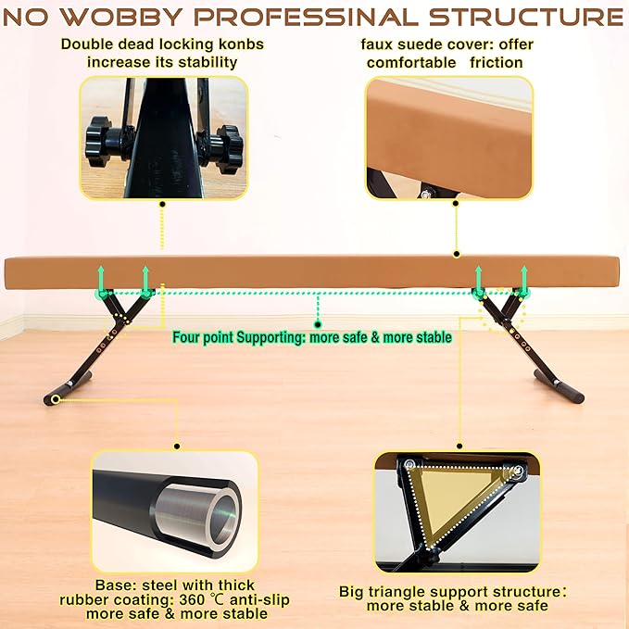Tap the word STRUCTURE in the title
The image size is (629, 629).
tap(526, 18)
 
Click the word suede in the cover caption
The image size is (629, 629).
tap(419, 44)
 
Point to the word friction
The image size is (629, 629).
tap(497, 63)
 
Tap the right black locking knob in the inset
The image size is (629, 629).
tap(228, 147)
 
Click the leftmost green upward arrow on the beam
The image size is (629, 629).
tap(101, 280)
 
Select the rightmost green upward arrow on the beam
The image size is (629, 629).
tap(524, 280)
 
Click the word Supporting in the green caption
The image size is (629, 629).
tap(270, 337)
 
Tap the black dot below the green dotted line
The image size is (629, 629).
tap(318, 324)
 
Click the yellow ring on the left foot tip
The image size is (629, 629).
tap(56, 399)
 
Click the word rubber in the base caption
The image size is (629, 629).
tap(83, 600)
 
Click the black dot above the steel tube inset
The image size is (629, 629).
tap(177, 447)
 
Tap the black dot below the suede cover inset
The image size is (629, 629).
tap(455, 204)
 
